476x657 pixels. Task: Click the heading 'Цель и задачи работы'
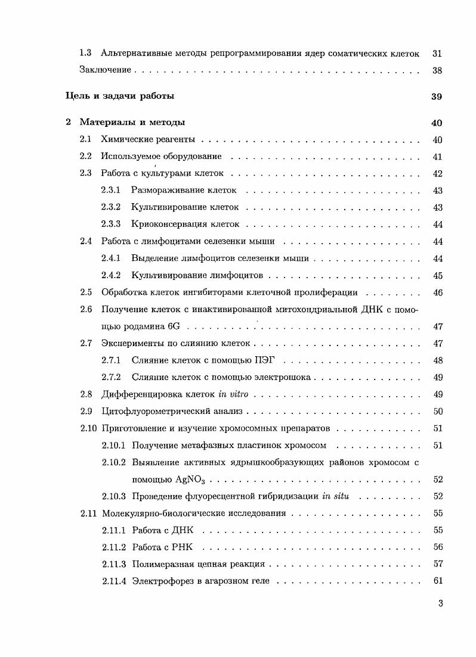[119, 96]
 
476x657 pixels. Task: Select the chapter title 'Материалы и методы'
[132, 122]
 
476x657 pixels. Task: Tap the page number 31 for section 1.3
[437, 54]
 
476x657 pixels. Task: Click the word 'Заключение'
[105, 70]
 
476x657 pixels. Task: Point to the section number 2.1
[85, 140]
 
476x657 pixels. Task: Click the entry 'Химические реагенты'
[149, 140]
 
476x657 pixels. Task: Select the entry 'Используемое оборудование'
[161, 157]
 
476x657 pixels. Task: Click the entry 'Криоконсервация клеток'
[185, 225]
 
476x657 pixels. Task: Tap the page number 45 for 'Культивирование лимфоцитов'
[437, 276]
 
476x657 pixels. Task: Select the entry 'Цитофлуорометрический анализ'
[173, 412]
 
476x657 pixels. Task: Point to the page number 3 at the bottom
[440, 603]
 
